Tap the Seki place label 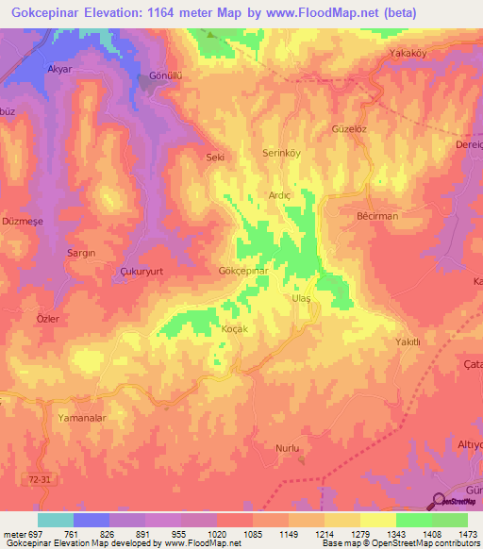215,158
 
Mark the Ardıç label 280,195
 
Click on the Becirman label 377,216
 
